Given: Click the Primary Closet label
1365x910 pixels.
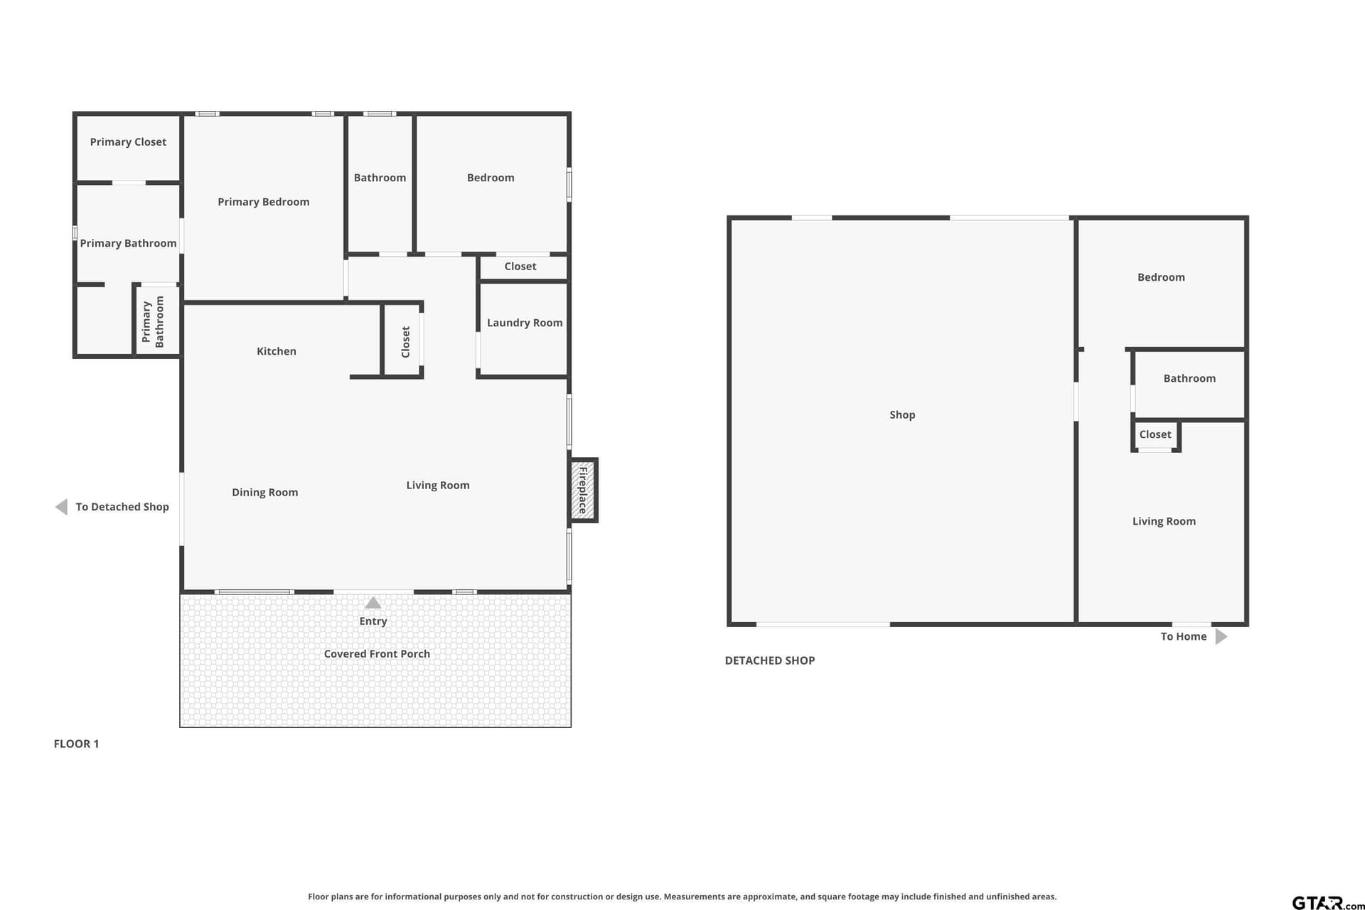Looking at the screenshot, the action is point(128,142).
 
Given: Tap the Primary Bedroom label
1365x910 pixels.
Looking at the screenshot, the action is point(263,202).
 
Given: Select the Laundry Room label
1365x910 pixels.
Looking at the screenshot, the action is point(525,323).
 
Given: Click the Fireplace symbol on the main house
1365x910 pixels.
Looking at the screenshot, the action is point(583,491).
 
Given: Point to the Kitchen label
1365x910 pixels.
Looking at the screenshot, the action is point(277,351).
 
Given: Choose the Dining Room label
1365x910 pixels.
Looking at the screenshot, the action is point(264,493).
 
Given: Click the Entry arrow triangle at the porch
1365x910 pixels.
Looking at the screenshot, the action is point(373,603).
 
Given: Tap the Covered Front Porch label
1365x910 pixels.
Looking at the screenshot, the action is point(377,654).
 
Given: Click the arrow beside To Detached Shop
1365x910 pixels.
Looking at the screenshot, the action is point(62,507).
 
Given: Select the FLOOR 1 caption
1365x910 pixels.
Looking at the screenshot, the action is point(76,744).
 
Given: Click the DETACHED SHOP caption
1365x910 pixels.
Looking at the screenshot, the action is point(770,660).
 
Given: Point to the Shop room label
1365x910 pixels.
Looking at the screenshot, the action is point(902,415).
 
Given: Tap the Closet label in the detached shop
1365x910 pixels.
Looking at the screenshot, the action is point(1155,434).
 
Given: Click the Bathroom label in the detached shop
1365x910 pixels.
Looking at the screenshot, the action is point(1189,379).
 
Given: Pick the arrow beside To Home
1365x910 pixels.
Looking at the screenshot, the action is point(1221,636).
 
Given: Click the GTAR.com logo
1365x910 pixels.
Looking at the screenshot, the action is point(1327,903).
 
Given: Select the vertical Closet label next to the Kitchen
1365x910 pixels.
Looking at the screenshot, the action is point(406,342).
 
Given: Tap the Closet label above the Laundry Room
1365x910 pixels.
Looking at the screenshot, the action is point(520,267).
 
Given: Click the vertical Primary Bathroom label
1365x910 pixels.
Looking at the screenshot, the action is point(153,322).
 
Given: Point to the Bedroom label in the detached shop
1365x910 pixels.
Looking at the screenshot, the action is point(1161,277).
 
